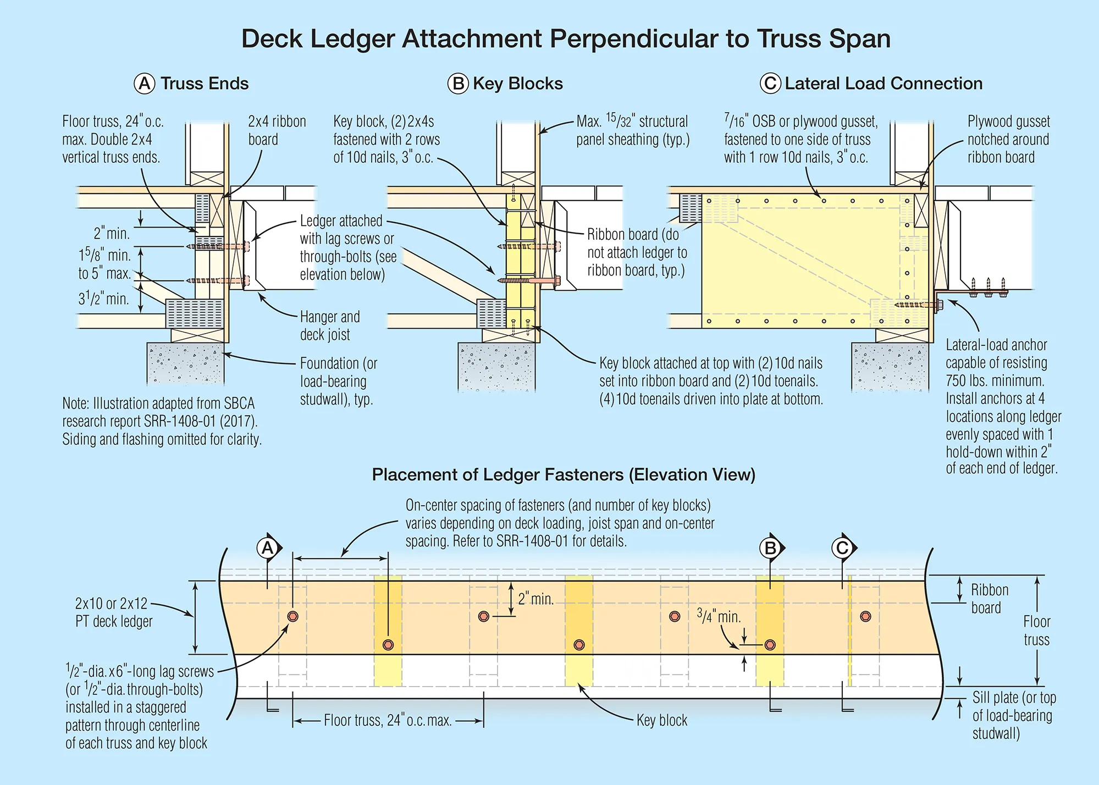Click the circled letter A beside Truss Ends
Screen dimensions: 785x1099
pos(145,84)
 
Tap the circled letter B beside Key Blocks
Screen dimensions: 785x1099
pos(457,84)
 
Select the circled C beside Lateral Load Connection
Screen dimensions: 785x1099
pos(770,84)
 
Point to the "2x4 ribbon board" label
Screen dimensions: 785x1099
pos(277,130)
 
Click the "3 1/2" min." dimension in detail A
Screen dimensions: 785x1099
pos(103,299)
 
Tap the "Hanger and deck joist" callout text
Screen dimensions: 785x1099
pos(329,325)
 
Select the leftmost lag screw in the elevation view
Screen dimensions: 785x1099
pos(292,616)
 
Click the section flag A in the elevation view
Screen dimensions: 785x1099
pos(268,548)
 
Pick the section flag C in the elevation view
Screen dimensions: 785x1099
pos(842,548)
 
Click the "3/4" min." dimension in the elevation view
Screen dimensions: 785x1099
pos(719,616)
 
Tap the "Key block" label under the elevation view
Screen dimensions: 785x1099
pos(661,720)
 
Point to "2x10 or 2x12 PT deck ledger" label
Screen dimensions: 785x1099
pos(113,612)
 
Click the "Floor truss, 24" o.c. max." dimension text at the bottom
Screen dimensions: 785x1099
pos(388,720)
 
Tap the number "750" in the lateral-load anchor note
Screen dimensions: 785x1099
pos(957,380)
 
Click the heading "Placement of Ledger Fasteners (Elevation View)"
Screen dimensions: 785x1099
pos(564,474)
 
